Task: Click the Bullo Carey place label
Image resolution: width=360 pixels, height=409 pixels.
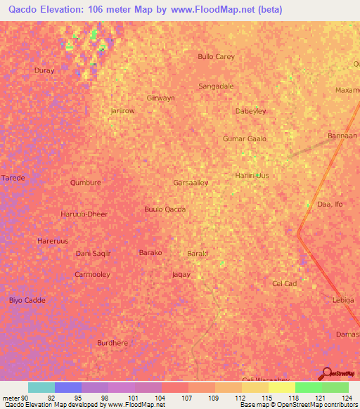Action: coord(216,56)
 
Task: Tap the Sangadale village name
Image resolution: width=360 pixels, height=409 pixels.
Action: coord(216,86)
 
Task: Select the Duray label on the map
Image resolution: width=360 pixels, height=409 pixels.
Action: coord(44,71)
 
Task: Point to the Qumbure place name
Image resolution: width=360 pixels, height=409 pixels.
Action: coord(86,182)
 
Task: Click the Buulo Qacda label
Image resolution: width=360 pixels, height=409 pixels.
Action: coord(165,209)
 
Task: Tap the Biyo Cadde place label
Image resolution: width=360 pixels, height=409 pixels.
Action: coord(27,300)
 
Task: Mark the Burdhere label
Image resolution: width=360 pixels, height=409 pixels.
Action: coord(112,343)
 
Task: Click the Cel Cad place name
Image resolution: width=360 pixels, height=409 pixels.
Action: coord(285,283)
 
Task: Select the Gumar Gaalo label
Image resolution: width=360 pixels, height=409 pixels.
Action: coord(245,139)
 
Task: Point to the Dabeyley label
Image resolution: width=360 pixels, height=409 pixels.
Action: coord(251,111)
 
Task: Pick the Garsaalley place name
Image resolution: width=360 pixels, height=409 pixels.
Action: coord(191,182)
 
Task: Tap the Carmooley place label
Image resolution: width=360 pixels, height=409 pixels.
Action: coord(92,274)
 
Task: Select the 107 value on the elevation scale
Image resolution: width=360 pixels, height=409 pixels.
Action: coord(188,397)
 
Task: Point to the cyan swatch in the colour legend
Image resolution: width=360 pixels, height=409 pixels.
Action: coord(41,387)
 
